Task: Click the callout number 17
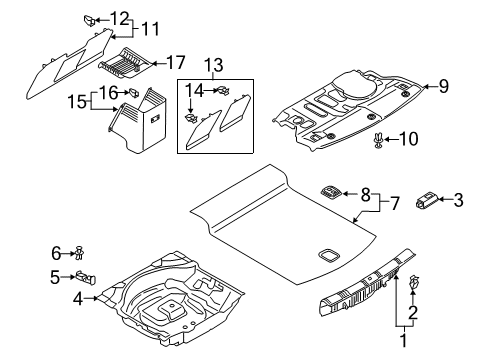tap(175, 63)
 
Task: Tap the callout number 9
tap(444, 86)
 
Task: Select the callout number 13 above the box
tap(214, 65)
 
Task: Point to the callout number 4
tap(78, 299)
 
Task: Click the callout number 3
tap(459, 200)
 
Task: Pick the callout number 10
tap(408, 139)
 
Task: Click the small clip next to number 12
tap(89, 20)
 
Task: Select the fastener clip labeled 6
tap(80, 253)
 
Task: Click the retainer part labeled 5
tap(86, 278)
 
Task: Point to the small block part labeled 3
tap(427, 201)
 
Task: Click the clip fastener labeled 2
tap(413, 282)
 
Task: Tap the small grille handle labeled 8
tap(331, 192)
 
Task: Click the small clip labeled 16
tap(134, 92)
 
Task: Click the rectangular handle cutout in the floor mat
tap(329, 255)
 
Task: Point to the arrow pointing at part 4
tap(90, 298)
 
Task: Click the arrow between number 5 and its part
tap(68, 277)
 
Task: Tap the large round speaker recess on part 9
tap(355, 85)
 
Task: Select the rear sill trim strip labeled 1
tap(368, 283)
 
